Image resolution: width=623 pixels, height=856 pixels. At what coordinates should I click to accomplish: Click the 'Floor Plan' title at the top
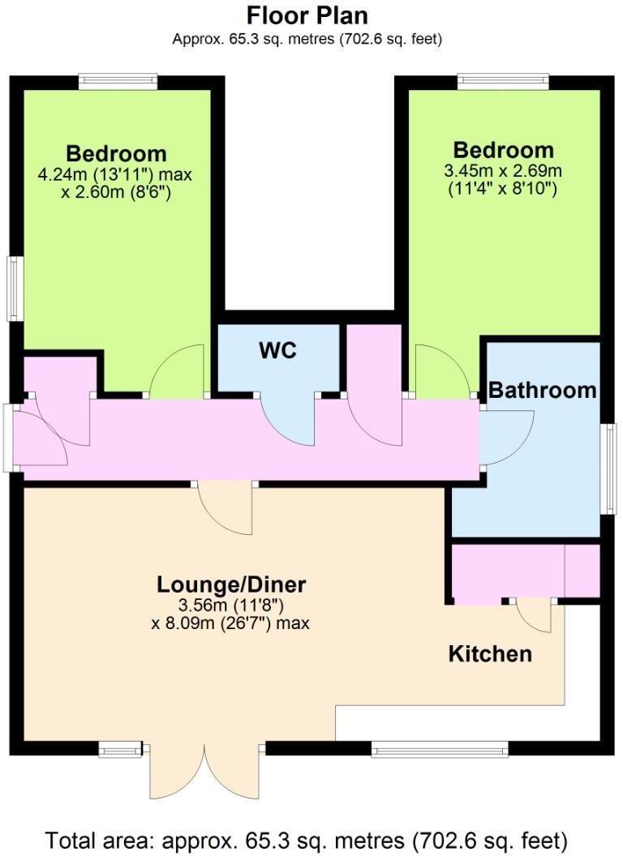(307, 15)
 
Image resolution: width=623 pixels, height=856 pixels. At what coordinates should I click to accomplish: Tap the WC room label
(277, 351)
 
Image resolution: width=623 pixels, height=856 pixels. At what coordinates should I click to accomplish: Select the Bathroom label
(542, 390)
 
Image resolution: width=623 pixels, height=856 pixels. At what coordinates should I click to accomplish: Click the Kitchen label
(491, 653)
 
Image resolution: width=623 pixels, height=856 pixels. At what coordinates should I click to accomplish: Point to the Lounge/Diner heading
(231, 584)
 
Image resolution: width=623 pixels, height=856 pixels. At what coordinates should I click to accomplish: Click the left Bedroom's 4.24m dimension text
(114, 173)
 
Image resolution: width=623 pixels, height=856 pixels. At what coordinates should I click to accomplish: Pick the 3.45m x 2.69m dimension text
(503, 170)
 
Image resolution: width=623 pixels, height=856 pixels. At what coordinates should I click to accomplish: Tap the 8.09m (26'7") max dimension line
(231, 624)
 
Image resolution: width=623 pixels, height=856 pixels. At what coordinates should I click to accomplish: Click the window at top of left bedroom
(118, 80)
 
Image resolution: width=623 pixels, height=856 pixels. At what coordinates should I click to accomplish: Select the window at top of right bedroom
(503, 80)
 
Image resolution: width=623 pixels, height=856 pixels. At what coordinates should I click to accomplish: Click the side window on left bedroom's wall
(14, 288)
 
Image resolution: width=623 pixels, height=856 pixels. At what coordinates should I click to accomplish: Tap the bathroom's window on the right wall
(608, 469)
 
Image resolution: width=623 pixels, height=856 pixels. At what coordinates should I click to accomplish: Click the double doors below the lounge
(205, 770)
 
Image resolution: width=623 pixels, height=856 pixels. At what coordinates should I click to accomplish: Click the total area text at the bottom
(307, 838)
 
